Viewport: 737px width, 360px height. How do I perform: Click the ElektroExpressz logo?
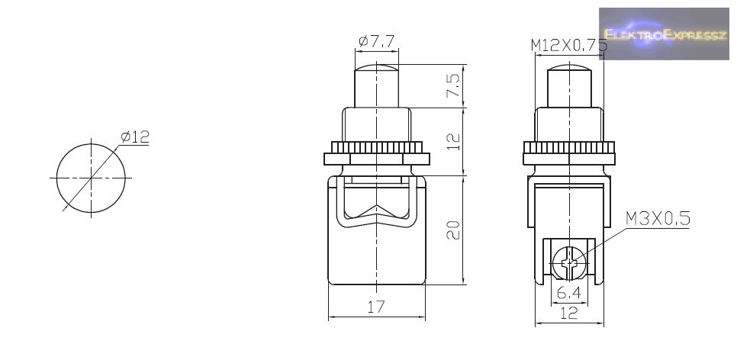tap(664, 34)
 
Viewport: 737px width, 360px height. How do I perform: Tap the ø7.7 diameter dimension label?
tap(376, 42)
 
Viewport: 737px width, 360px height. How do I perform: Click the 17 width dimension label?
tap(376, 307)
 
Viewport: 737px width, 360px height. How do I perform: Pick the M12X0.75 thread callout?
tap(568, 45)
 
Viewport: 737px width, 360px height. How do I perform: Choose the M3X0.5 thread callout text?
tap(658, 218)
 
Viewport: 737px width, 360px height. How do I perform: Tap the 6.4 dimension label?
tap(568, 293)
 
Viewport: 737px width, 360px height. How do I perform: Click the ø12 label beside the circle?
tap(135, 137)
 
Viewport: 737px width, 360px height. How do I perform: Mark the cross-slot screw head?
tap(569, 262)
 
